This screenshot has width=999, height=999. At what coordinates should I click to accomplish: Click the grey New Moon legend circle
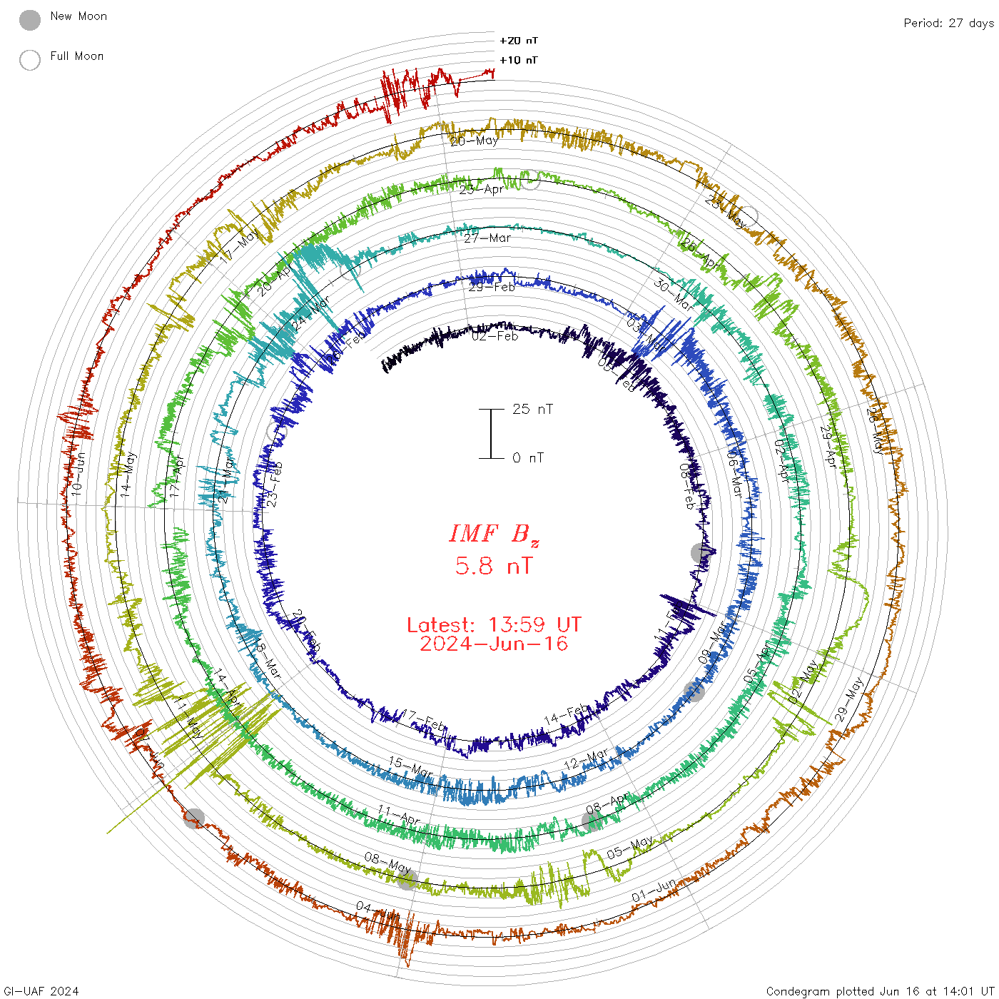pyautogui.click(x=30, y=20)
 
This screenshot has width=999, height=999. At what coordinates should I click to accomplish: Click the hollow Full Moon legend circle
pyautogui.click(x=30, y=60)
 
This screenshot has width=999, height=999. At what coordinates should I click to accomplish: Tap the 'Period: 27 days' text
pyautogui.click(x=948, y=23)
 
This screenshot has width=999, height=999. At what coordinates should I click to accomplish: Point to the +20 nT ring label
pyautogui.click(x=519, y=41)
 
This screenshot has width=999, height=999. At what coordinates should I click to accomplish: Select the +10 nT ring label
pyautogui.click(x=519, y=60)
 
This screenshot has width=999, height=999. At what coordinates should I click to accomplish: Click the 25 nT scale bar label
pyautogui.click(x=532, y=409)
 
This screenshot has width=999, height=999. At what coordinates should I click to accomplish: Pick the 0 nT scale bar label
pyautogui.click(x=528, y=457)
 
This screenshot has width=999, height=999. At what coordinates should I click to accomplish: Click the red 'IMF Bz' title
pyautogui.click(x=494, y=534)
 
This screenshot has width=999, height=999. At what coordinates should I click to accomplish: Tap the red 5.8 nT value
pyautogui.click(x=494, y=566)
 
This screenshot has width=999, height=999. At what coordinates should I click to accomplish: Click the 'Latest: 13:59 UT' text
pyautogui.click(x=494, y=625)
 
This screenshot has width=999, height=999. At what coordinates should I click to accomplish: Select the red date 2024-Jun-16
pyautogui.click(x=494, y=644)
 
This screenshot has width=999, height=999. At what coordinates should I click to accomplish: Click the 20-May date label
pyautogui.click(x=475, y=141)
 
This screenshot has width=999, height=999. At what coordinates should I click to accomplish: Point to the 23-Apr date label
pyautogui.click(x=481, y=190)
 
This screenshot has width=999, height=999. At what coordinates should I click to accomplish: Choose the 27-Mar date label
pyautogui.click(x=487, y=238)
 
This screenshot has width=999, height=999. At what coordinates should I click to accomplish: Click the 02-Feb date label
pyautogui.click(x=495, y=336)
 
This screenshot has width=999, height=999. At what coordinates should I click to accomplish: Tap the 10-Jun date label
pyautogui.click(x=78, y=475)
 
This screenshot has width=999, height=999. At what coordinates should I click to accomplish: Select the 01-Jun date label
pyautogui.click(x=654, y=891)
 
